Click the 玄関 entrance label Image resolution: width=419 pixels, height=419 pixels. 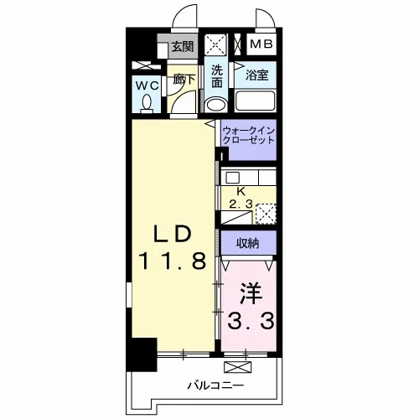(183, 46)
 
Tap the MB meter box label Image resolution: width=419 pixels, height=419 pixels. (261, 44)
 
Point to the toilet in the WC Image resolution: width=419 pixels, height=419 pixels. (147, 104)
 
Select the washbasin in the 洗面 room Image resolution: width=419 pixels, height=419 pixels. (216, 105)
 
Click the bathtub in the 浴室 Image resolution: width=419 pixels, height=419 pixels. (256, 101)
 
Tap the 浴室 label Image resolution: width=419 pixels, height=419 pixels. (256, 75)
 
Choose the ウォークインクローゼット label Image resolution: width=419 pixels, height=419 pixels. (248, 135)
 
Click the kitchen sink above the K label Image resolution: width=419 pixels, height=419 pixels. (232, 178)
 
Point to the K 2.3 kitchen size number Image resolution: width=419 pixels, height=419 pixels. (241, 204)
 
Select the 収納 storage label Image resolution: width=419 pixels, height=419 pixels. (248, 243)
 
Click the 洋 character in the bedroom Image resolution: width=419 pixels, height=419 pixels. (251, 293)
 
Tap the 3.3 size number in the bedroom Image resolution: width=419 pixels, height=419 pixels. (251, 321)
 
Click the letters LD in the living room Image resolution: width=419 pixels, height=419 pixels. (173, 234)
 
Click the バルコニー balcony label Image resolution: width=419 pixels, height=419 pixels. (215, 385)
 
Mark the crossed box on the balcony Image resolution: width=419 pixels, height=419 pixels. (238, 367)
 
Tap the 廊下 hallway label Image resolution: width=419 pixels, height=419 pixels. (184, 80)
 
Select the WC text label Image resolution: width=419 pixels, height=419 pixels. (147, 85)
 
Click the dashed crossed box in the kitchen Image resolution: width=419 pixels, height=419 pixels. (266, 214)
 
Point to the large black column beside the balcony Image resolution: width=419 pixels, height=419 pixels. (142, 354)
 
